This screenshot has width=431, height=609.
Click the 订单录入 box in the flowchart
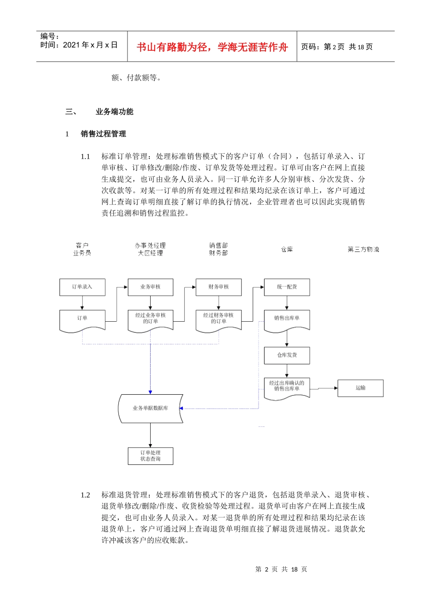82,287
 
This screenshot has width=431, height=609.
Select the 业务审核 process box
150,287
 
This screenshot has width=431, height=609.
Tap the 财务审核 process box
218,287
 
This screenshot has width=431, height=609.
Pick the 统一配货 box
287,287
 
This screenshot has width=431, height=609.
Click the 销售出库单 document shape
287,319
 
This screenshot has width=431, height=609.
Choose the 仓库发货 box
287,356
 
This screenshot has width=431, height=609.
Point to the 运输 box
360,388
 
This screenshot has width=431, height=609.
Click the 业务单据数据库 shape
150,408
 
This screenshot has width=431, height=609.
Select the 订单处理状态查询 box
150,456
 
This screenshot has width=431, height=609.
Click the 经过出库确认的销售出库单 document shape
287,387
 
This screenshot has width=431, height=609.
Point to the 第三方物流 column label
363,249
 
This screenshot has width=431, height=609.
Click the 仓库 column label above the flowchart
287,249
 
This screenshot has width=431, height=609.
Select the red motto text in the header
212,47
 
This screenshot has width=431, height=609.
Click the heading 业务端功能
114,111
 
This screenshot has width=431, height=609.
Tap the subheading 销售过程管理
103,134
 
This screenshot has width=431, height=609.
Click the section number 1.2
85,495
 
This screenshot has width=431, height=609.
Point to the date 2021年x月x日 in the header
90,45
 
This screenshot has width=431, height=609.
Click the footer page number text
281,569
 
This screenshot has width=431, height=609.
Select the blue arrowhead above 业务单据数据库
150,391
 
